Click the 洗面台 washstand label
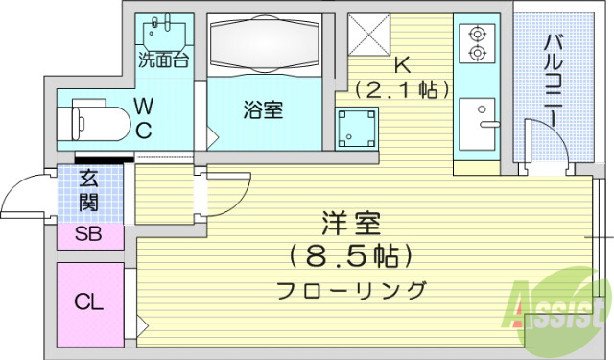pos(162,60)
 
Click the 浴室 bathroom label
pos(261,109)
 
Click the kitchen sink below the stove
pos(477,122)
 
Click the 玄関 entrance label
pos(88,190)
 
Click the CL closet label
pos(89,302)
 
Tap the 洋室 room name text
pos(351,227)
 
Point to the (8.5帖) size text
pos(353,256)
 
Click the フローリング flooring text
pos(351,289)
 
